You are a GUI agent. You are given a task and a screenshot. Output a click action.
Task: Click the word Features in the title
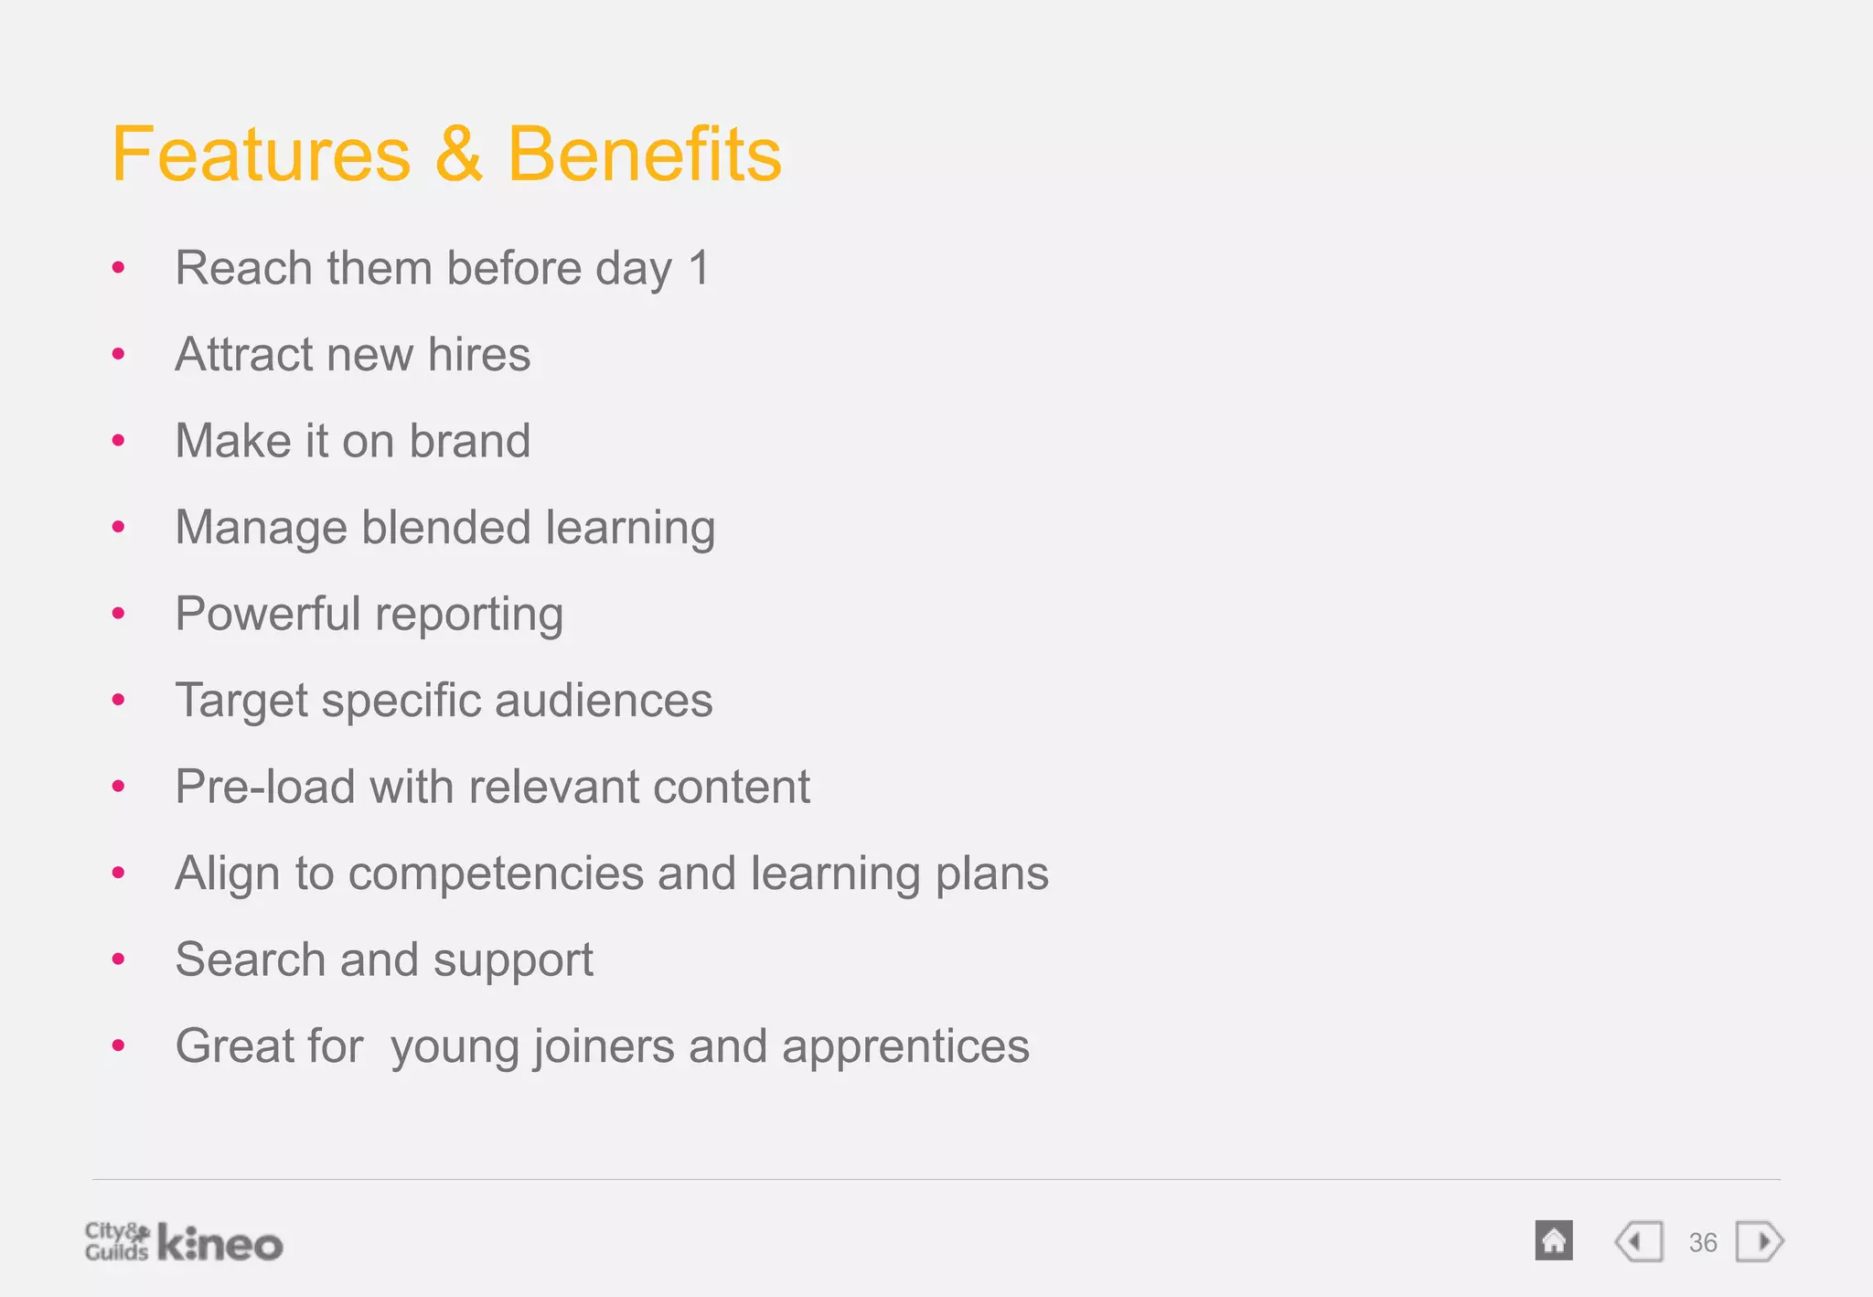point(262,155)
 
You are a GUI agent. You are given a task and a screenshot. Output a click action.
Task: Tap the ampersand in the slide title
point(459,155)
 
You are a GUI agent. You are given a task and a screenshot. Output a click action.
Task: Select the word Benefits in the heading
point(644,155)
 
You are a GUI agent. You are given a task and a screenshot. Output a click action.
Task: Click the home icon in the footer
point(1554,1241)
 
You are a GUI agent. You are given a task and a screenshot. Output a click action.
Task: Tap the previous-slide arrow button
point(1639,1242)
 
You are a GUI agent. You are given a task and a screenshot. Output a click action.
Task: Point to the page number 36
point(1703,1242)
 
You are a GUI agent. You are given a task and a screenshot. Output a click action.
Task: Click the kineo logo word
point(220,1244)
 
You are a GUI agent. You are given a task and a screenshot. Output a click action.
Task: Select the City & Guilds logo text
point(116,1241)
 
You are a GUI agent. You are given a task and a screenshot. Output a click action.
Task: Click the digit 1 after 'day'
point(699,269)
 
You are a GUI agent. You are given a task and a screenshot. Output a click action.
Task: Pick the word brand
point(469,441)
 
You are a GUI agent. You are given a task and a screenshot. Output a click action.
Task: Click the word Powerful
point(268,614)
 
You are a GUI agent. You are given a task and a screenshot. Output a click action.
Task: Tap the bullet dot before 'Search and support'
point(118,959)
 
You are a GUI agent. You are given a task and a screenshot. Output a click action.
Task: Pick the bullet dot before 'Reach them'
point(118,268)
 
